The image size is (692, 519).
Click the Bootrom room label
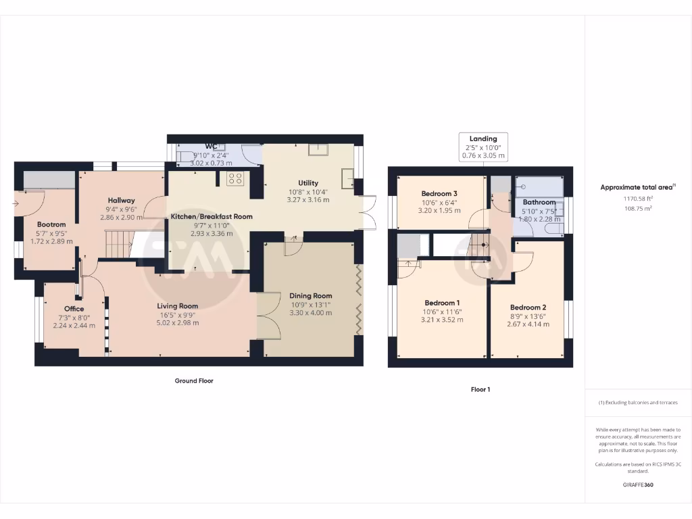click(x=51, y=224)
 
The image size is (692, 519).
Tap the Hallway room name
click(x=121, y=200)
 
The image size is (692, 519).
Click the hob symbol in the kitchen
click(x=235, y=178)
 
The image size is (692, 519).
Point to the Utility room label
click(x=308, y=183)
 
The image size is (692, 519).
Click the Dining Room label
click(x=311, y=296)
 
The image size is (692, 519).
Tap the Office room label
click(x=74, y=309)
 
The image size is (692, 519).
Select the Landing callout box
click(x=483, y=147)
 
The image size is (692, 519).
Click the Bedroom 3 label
click(x=439, y=193)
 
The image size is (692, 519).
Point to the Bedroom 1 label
click(x=442, y=303)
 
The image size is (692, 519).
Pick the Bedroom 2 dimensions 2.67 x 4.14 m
click(x=528, y=324)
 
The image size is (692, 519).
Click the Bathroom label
click(x=539, y=202)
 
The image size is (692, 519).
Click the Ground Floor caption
click(x=194, y=381)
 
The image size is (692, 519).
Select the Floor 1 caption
click(x=480, y=390)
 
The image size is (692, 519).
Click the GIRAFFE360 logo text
click(x=638, y=485)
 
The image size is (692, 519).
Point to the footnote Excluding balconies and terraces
click(x=638, y=403)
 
